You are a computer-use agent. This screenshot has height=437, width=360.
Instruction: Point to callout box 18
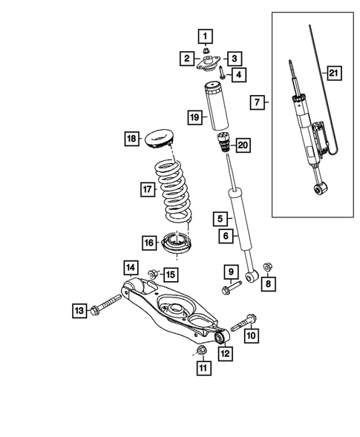coord(132,138)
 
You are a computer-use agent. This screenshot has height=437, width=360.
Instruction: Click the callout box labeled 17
coord(147,189)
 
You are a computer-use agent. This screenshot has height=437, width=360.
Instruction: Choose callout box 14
coord(130,268)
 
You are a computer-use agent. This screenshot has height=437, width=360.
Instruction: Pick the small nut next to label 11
coord(200,350)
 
